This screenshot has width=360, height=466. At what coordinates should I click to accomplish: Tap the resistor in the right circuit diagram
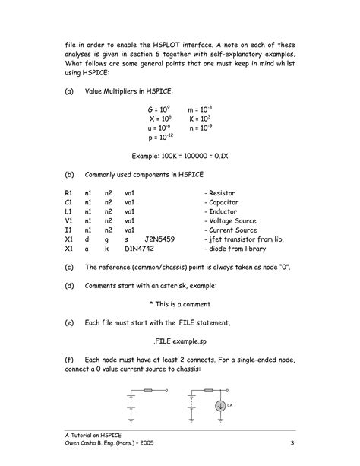click(x=206, y=392)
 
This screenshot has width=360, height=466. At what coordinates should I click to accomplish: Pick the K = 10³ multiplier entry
click(x=200, y=119)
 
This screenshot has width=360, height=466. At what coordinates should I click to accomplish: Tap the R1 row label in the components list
click(x=69, y=194)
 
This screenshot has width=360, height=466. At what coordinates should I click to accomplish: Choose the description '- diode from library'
click(x=239, y=249)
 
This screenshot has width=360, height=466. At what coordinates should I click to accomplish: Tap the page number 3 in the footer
click(x=292, y=444)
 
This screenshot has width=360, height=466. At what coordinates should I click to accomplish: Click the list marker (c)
click(x=70, y=267)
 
